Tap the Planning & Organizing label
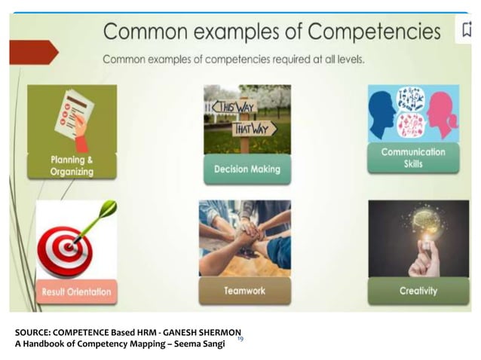click(x=72, y=166)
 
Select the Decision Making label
click(x=247, y=169)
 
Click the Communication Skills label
click(x=413, y=157)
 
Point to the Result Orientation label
click(x=76, y=291)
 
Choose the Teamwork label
click(x=244, y=291)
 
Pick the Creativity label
click(x=418, y=291)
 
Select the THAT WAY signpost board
click(x=254, y=128)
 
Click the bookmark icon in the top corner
click(x=467, y=30)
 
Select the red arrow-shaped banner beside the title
click(x=32, y=52)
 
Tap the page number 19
click(x=240, y=340)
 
